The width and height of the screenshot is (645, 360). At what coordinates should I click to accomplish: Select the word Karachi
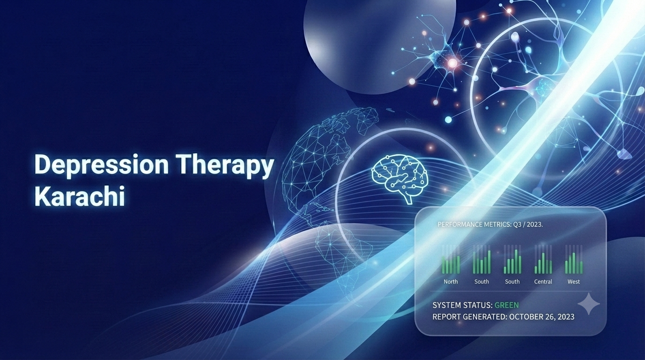(80, 196)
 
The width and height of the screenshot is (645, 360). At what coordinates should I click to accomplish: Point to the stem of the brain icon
(408, 199)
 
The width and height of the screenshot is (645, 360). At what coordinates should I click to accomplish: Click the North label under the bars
(450, 282)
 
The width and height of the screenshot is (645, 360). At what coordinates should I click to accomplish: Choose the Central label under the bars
(543, 282)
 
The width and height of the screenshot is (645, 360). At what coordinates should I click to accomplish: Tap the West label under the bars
(574, 282)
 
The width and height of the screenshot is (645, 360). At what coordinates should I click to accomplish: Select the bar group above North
(450, 260)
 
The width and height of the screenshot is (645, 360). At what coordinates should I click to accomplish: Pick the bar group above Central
(543, 260)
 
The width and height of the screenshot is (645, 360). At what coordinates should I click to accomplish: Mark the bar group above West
(574, 260)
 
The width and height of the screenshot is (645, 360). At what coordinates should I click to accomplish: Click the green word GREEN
(507, 305)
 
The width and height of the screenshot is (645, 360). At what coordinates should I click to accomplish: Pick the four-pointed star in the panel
(589, 304)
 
